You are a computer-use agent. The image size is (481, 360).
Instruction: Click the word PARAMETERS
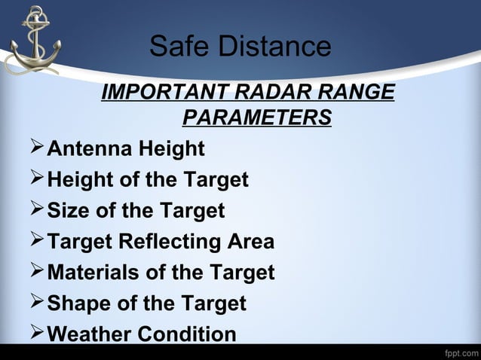[256, 118]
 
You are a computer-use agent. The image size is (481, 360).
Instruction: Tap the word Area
[251, 242]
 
